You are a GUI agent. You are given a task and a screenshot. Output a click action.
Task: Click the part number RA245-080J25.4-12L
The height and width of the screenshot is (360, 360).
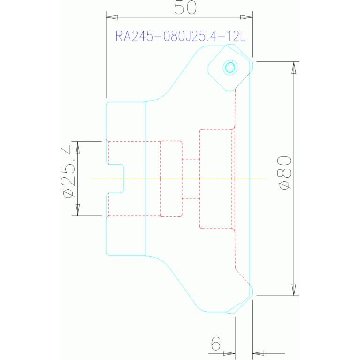(181, 37)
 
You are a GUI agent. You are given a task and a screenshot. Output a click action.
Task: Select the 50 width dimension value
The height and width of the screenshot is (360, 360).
(185, 8)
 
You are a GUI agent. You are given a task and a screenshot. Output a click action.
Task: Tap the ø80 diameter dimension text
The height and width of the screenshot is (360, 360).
(285, 173)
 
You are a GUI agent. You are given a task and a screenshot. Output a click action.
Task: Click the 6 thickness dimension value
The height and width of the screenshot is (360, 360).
(215, 344)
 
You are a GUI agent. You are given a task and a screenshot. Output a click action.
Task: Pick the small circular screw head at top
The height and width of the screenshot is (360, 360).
(230, 68)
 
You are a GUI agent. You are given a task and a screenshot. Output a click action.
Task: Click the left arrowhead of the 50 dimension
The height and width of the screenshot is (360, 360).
(112, 17)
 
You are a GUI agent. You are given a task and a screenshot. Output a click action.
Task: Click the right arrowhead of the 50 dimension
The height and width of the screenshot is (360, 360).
(247, 17)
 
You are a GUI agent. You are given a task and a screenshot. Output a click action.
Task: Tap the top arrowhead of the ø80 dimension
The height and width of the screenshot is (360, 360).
(294, 68)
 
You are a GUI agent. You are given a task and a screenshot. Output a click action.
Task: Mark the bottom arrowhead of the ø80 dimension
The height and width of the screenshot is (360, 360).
(294, 290)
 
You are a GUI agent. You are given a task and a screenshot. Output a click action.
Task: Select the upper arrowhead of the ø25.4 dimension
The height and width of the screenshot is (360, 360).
(77, 147)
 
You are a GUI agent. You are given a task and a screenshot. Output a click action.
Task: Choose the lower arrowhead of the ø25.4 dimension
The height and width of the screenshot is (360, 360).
(77, 210)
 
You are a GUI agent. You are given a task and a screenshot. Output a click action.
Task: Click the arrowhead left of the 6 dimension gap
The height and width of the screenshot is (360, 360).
(229, 353)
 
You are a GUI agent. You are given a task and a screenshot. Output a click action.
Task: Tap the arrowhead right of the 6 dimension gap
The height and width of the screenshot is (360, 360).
(258, 353)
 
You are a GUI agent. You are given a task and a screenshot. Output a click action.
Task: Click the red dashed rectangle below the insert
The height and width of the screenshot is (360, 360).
(216, 178)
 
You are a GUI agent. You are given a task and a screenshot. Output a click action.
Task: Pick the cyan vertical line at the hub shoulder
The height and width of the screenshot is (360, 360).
(146, 178)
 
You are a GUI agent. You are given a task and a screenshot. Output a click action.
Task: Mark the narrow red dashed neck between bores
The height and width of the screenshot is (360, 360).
(191, 178)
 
